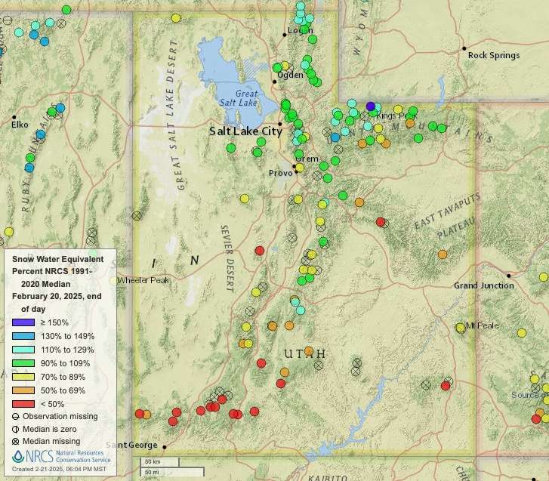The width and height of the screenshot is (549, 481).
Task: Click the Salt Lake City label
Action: coord(245,131)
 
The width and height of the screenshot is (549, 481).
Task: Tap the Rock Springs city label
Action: coord(493,55)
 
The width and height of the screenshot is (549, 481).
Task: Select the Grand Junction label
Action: coord(483,285)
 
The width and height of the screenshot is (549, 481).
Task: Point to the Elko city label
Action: coord(19,125)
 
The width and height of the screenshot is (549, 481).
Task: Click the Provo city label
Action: coord(279,173)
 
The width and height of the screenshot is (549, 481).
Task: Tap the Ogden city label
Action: coord(290,75)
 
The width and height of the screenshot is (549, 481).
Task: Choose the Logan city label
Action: coord(300,31)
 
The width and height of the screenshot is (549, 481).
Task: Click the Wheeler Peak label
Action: coord(143,280)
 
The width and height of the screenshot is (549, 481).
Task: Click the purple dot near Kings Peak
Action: coord(370,106)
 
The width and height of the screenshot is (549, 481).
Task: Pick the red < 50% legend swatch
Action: coord(23,403)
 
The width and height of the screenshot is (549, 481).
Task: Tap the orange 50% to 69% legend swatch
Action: coord(23,390)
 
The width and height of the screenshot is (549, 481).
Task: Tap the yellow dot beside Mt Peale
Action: coord(460,327)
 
